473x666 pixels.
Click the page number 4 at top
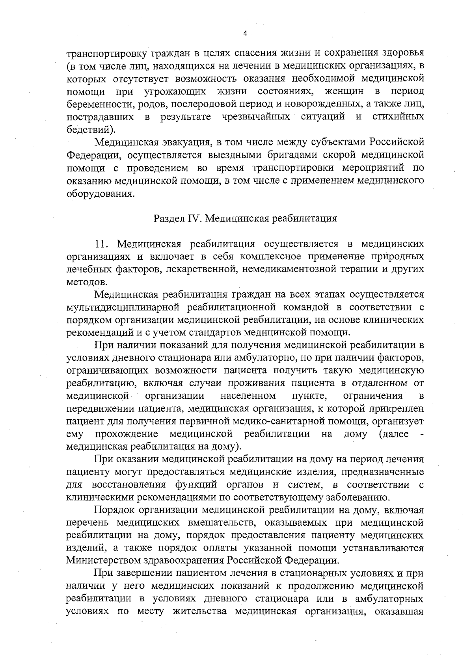[245, 34]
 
